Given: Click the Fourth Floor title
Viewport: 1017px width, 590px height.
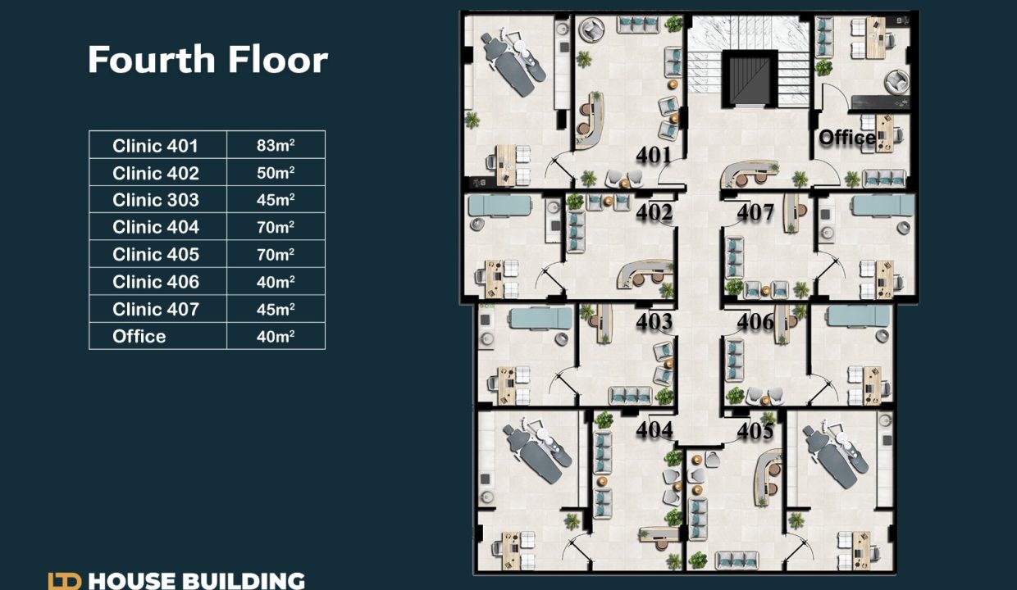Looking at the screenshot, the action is [x=208, y=59].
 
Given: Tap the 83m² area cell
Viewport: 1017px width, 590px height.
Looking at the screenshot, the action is [x=276, y=145].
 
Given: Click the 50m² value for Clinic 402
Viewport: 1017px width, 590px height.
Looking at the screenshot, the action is [x=276, y=173].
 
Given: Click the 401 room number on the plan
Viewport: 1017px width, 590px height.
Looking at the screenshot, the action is [x=654, y=155].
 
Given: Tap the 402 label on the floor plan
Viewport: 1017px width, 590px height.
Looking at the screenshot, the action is [x=654, y=211].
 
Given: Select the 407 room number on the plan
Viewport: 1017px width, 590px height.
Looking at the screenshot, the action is [x=755, y=211].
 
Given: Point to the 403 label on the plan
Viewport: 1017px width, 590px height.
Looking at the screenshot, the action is [x=654, y=321].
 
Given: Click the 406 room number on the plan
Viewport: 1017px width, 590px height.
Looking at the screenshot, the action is [x=755, y=321].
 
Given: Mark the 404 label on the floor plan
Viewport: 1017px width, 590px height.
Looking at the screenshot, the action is [x=654, y=429].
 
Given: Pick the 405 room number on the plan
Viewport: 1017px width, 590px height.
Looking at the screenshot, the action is [x=755, y=430].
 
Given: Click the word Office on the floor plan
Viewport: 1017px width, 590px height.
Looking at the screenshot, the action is [x=847, y=137].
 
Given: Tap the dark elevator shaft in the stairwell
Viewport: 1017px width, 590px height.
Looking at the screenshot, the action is [x=750, y=79].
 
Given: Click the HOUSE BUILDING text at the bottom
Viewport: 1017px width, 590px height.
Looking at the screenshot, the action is [x=196, y=581].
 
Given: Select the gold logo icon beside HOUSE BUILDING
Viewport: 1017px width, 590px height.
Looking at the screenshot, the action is [x=65, y=581].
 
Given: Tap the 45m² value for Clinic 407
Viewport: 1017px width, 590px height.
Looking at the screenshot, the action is [x=276, y=309].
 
